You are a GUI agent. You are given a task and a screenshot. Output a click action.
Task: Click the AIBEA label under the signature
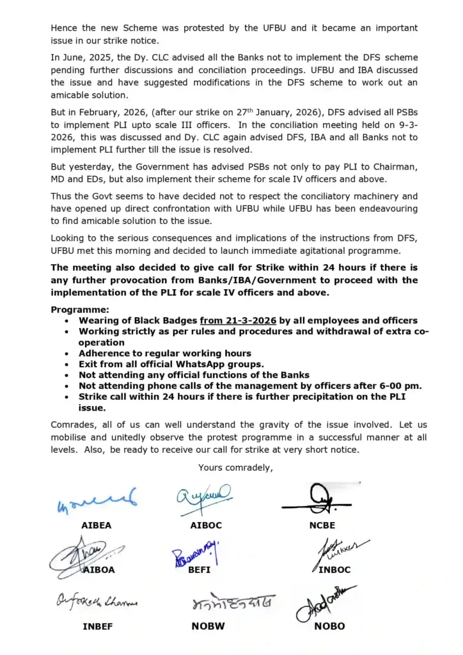pos(96,525)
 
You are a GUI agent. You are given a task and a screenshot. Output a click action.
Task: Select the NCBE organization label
pos(322,525)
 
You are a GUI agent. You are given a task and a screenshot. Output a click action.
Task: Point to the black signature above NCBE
pos(318,499)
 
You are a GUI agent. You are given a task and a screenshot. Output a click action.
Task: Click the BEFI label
pos(199,570)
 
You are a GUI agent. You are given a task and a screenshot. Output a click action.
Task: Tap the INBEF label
pos(97,626)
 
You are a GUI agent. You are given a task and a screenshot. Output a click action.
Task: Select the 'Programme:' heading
pos(77,310)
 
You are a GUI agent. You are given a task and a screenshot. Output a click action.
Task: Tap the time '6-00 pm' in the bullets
pos(404,386)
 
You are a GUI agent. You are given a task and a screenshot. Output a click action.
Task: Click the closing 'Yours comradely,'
pos(235,467)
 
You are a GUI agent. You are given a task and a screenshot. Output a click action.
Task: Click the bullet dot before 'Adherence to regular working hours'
pos(68,354)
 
